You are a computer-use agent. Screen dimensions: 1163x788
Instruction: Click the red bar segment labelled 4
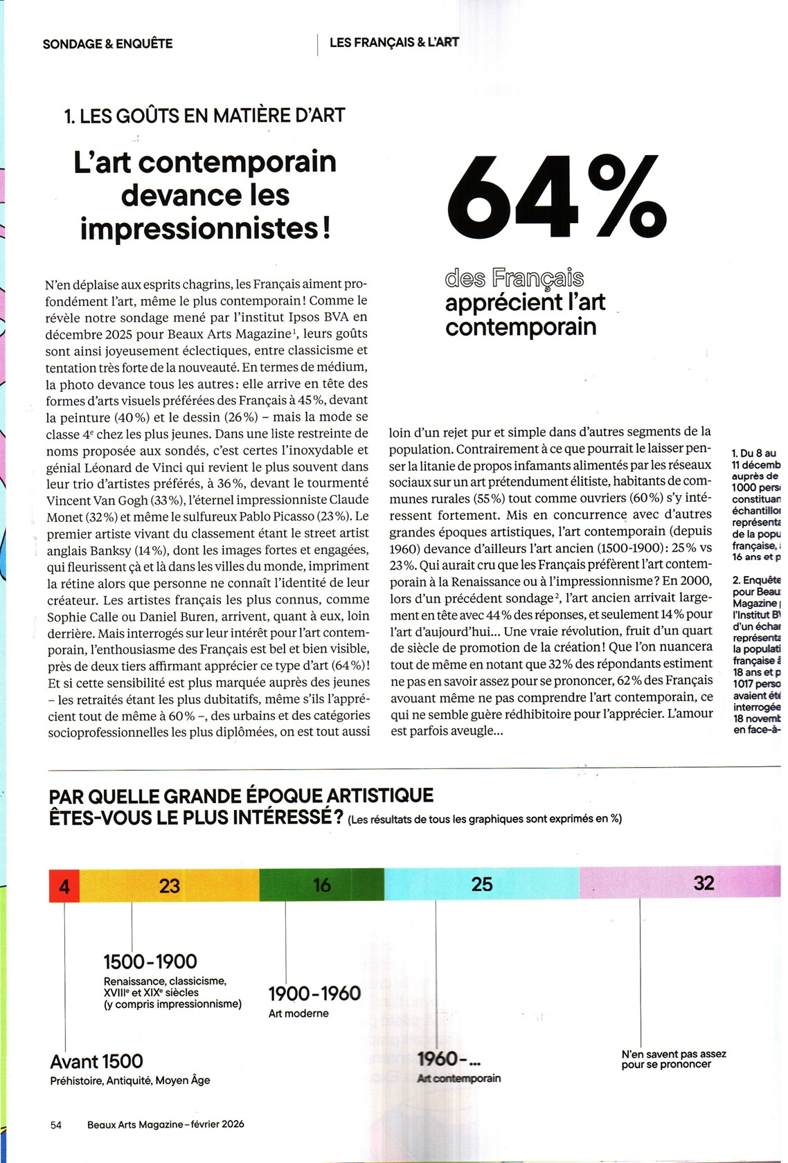(64, 885)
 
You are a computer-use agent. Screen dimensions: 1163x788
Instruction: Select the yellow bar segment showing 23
(170, 885)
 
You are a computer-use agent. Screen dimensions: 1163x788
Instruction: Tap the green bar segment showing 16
(322, 884)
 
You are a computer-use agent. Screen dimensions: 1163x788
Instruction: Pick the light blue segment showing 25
(482, 883)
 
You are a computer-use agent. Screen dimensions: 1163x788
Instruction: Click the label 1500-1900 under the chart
(150, 962)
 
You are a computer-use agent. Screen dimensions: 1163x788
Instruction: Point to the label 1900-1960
(314, 993)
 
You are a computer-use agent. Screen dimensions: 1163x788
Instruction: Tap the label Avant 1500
(96, 1061)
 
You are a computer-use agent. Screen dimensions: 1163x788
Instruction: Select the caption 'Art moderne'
(298, 1013)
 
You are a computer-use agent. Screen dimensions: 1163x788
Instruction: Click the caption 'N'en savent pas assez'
(673, 1054)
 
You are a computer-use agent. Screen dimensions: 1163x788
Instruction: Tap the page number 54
(56, 1125)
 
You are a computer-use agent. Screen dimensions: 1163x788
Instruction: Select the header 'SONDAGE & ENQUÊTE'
(107, 44)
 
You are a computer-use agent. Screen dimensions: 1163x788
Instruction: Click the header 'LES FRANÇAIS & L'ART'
(394, 42)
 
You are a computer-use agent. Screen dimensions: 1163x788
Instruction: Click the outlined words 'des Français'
(514, 278)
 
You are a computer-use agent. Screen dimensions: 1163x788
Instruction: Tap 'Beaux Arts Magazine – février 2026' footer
(165, 1124)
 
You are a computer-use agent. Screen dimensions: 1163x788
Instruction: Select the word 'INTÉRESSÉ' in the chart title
(279, 817)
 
